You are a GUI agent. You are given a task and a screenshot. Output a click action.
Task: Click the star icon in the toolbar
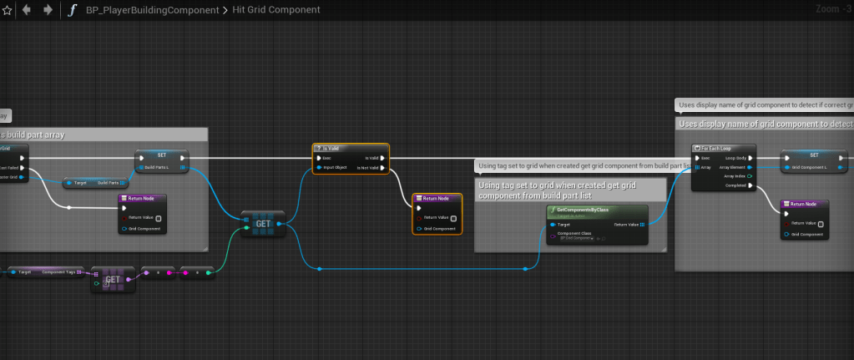(x=8, y=10)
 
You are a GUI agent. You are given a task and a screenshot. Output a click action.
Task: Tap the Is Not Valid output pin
(x=382, y=168)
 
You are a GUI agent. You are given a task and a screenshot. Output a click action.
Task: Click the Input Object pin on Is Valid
(x=319, y=168)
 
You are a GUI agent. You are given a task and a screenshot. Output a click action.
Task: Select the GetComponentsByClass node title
(x=584, y=208)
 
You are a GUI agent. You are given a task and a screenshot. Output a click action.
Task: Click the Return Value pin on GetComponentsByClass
(x=642, y=225)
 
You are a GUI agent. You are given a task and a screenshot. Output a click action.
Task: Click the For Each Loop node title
(x=717, y=148)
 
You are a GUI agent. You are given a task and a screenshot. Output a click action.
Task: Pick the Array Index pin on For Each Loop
(x=751, y=176)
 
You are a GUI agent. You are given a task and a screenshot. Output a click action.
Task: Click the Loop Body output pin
(x=751, y=157)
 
